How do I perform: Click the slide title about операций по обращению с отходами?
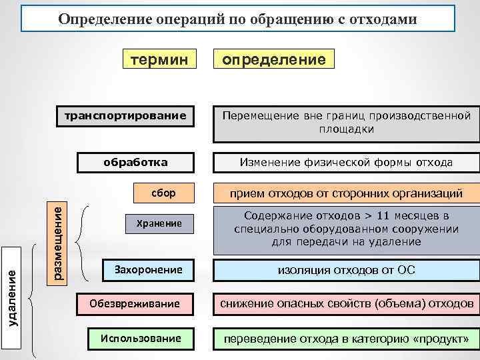(x=238, y=19)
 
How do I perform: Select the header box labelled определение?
(x=273, y=60)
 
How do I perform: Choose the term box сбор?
(x=163, y=193)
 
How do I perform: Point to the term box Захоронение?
(x=148, y=270)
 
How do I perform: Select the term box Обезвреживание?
(x=138, y=304)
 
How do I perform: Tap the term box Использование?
(x=141, y=338)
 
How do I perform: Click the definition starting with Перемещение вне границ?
(x=345, y=122)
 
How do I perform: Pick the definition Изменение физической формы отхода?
(x=345, y=162)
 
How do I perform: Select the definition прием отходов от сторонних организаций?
(x=345, y=194)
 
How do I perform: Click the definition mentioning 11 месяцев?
(x=345, y=229)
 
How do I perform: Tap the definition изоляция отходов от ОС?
(x=345, y=270)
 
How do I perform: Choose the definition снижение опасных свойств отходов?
(x=345, y=304)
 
